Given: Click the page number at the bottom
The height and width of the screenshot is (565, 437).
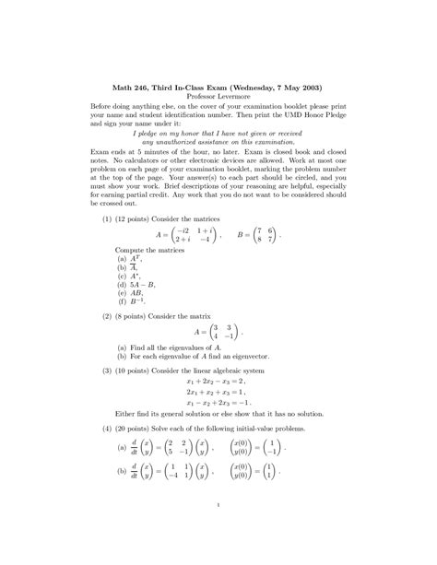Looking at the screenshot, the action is [x=218, y=503].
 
